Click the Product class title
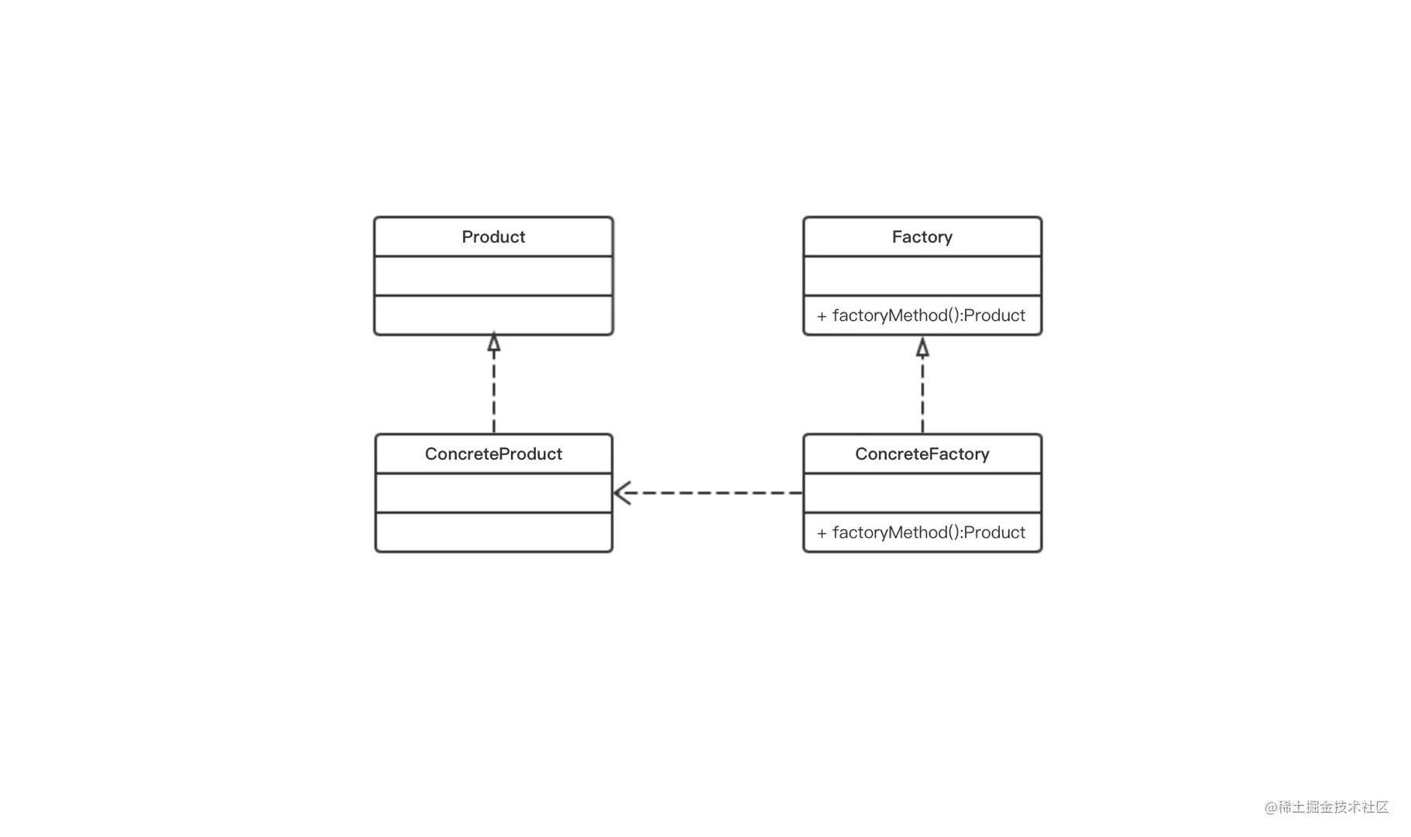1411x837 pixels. click(493, 236)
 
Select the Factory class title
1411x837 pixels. click(922, 236)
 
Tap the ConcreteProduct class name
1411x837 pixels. click(493, 453)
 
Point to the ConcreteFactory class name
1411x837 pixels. click(922, 453)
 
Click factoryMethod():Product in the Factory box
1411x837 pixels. click(929, 315)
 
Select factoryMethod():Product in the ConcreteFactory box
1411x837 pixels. click(929, 532)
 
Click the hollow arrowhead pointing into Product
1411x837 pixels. click(494, 343)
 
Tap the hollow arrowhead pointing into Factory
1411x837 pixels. click(922, 346)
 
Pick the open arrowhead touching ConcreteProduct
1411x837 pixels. click(623, 492)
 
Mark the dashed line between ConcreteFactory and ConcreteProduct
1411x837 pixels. click(708, 492)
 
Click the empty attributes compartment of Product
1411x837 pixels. click(493, 276)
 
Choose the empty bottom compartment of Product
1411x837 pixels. click(493, 315)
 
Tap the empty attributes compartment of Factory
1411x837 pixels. click(922, 276)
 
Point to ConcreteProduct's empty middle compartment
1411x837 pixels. click(493, 493)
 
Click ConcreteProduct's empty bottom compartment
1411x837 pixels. click(493, 532)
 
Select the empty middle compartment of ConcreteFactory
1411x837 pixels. click(922, 493)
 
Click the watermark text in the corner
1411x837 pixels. click(1327, 807)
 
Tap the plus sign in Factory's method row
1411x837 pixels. click(822, 316)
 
